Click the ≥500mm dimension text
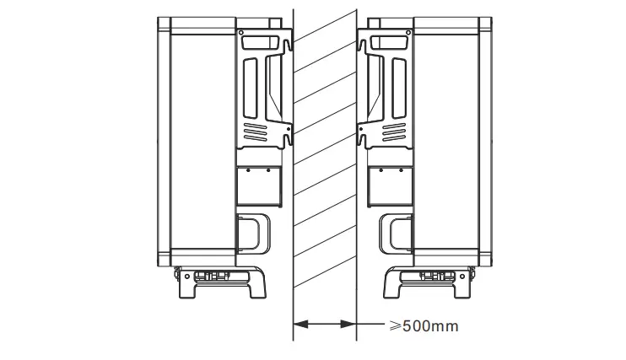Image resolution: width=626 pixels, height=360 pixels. click(x=424, y=326)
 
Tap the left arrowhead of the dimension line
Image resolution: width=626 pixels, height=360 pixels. click(x=300, y=324)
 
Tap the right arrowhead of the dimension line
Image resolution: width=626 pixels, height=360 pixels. click(x=348, y=324)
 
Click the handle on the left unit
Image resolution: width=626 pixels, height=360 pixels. click(x=253, y=234)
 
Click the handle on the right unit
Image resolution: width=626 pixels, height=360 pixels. click(x=395, y=234)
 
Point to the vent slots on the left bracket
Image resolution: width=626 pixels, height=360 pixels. click(x=255, y=132)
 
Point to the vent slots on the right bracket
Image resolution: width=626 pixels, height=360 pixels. click(x=394, y=132)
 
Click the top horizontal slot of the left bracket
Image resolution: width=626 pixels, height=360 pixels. click(x=261, y=43)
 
